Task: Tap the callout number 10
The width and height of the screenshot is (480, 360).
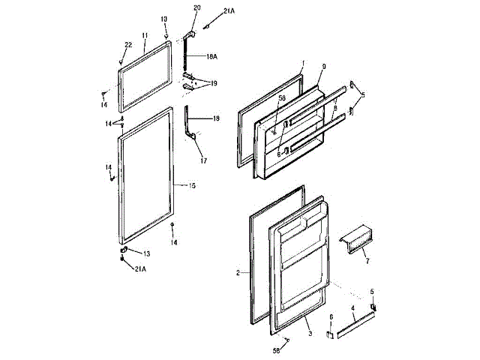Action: [x=164, y=18]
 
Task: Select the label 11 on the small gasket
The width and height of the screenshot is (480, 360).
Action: [x=144, y=36]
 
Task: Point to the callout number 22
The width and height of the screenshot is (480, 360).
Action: [x=128, y=45]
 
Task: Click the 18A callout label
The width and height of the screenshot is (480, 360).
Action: [x=211, y=57]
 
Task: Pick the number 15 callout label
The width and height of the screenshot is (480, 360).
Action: [x=192, y=185]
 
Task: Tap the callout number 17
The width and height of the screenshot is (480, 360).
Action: [x=202, y=160]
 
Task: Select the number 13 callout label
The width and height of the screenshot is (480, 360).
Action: [x=147, y=253]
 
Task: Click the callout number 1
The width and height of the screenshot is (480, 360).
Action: [x=302, y=63]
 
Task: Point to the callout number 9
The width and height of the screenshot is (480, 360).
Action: [x=323, y=67]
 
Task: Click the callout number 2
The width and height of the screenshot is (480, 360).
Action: [x=238, y=273]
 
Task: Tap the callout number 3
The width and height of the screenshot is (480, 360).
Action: [x=308, y=332]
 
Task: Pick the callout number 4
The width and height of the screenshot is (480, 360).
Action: [x=352, y=308]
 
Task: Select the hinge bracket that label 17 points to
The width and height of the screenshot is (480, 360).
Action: [x=194, y=138]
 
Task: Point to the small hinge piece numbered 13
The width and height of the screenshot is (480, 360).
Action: [x=125, y=249]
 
